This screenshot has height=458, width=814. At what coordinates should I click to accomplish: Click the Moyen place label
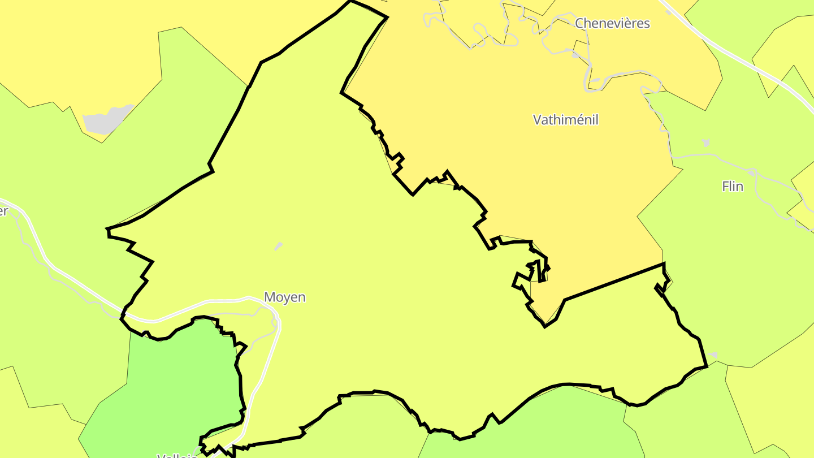click(x=285, y=297)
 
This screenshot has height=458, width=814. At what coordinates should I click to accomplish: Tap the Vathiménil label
click(x=565, y=120)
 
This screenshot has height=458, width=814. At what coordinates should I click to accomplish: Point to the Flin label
click(x=732, y=187)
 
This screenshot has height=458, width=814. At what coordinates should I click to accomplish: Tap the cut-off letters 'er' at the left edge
click(x=3, y=211)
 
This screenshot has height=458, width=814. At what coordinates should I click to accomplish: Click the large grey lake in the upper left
click(x=106, y=119)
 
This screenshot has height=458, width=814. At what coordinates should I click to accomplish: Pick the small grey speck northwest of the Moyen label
click(x=278, y=246)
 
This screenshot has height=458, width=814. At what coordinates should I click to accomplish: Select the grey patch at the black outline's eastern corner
click(x=712, y=356)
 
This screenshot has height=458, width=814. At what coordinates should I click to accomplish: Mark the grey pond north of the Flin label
click(x=705, y=143)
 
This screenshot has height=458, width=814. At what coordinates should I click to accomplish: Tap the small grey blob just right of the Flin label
click(x=751, y=171)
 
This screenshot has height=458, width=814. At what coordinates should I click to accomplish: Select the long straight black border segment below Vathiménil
click(x=613, y=282)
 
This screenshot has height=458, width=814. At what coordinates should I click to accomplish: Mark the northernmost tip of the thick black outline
click(x=350, y=1)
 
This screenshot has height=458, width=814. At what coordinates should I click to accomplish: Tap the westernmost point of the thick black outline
click(x=107, y=230)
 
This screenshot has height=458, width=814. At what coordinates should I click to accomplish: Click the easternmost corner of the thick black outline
click(x=707, y=366)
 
